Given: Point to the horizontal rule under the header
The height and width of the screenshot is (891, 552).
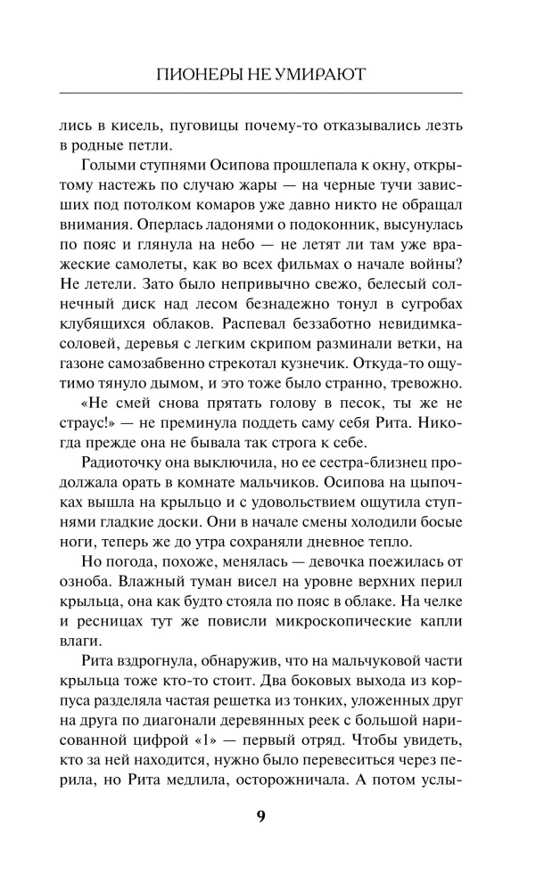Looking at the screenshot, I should tap(261, 93).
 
